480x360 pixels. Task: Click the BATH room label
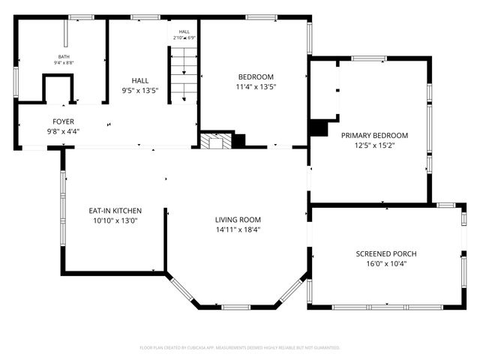[x=63, y=57]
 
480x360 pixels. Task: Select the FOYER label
[x=63, y=121]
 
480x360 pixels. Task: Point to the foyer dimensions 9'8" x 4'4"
[x=63, y=131]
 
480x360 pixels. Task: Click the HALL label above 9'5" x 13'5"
[x=139, y=79]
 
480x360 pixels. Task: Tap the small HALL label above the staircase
[x=184, y=31]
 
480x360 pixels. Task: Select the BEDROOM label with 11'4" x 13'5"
[x=256, y=76]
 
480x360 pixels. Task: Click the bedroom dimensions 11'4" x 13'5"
[x=256, y=87]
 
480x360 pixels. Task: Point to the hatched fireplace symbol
[x=216, y=141]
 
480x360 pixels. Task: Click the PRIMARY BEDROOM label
[x=374, y=135]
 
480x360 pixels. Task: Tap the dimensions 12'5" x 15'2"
[x=374, y=145]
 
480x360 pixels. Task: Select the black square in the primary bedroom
[x=319, y=128]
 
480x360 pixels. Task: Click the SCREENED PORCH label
[x=385, y=253]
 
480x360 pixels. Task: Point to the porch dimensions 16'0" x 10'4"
[x=385, y=264]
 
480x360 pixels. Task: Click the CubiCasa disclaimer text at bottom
[x=240, y=347]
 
